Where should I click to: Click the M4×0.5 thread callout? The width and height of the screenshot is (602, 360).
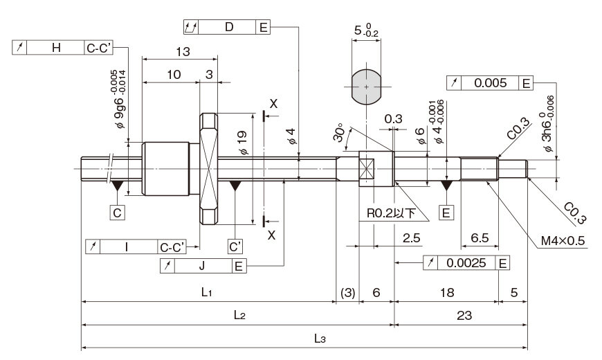[x=563, y=241]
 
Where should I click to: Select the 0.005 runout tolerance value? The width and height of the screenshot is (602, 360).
[x=491, y=83]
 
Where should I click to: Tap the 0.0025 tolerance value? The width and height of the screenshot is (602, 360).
[x=466, y=263]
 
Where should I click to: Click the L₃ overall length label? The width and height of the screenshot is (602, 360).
[x=320, y=339]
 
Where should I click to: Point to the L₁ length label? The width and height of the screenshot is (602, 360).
[x=207, y=292]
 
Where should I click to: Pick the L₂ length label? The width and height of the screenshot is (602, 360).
[x=239, y=316]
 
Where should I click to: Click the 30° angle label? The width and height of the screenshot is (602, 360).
[x=338, y=132]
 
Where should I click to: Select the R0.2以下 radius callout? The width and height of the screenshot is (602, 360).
[x=391, y=213]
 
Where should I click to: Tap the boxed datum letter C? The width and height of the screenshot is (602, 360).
[x=117, y=213]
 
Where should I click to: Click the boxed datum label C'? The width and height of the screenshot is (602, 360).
[x=235, y=246]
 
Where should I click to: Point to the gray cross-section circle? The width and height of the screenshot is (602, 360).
[x=367, y=87]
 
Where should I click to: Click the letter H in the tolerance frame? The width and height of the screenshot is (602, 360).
[x=56, y=48]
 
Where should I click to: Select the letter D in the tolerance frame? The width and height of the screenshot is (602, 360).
[x=229, y=27]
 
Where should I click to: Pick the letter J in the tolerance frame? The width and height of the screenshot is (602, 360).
[x=202, y=265]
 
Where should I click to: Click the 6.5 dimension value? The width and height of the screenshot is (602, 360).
[x=480, y=238]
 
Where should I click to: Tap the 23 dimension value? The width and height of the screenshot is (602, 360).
[x=464, y=316]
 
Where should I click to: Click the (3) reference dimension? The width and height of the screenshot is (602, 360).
[x=348, y=293]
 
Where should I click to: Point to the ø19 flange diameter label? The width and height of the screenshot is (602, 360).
[x=243, y=143]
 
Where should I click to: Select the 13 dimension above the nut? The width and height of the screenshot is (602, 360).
[x=183, y=51]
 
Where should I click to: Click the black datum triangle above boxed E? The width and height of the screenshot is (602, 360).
[x=446, y=186]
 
